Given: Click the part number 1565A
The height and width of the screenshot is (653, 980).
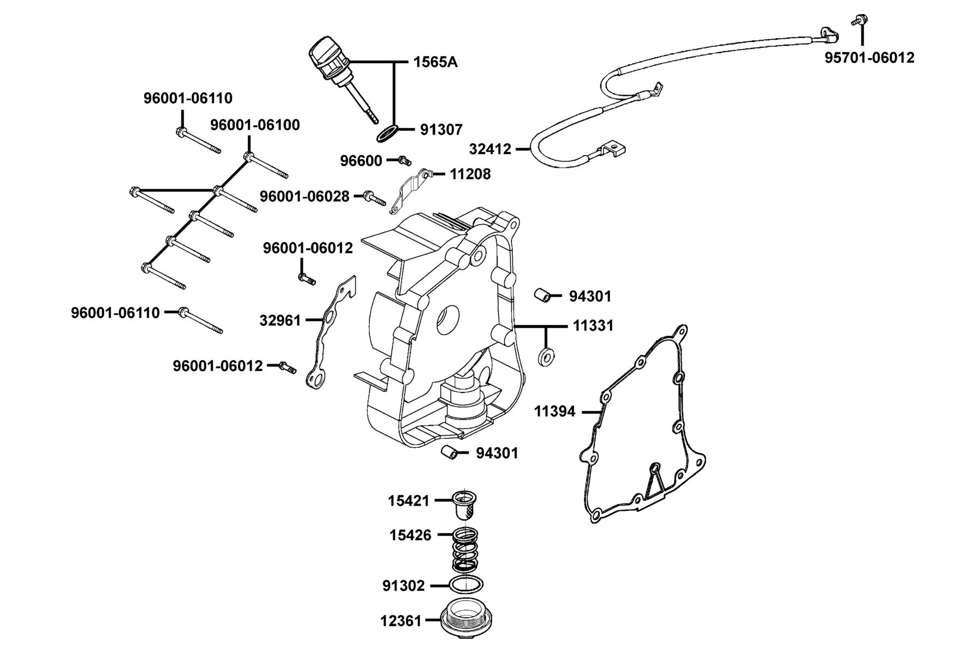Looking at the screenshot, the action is click(436, 62).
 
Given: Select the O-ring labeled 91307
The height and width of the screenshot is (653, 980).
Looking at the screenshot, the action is click(387, 134).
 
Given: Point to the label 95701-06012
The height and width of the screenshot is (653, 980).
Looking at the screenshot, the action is click(869, 58).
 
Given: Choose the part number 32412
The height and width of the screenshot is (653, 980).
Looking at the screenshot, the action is click(490, 149).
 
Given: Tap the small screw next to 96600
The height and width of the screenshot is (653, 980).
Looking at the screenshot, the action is click(403, 161).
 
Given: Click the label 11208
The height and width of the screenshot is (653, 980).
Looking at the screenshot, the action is click(470, 174).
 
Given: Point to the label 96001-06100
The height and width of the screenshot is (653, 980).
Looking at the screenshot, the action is click(255, 125).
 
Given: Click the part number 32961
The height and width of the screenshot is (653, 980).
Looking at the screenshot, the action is click(280, 321).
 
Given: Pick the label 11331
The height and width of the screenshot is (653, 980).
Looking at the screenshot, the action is click(593, 326).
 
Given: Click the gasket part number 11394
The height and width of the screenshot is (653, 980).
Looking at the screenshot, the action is click(554, 412).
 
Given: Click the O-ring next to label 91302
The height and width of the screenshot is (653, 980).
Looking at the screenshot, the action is click(466, 585).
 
